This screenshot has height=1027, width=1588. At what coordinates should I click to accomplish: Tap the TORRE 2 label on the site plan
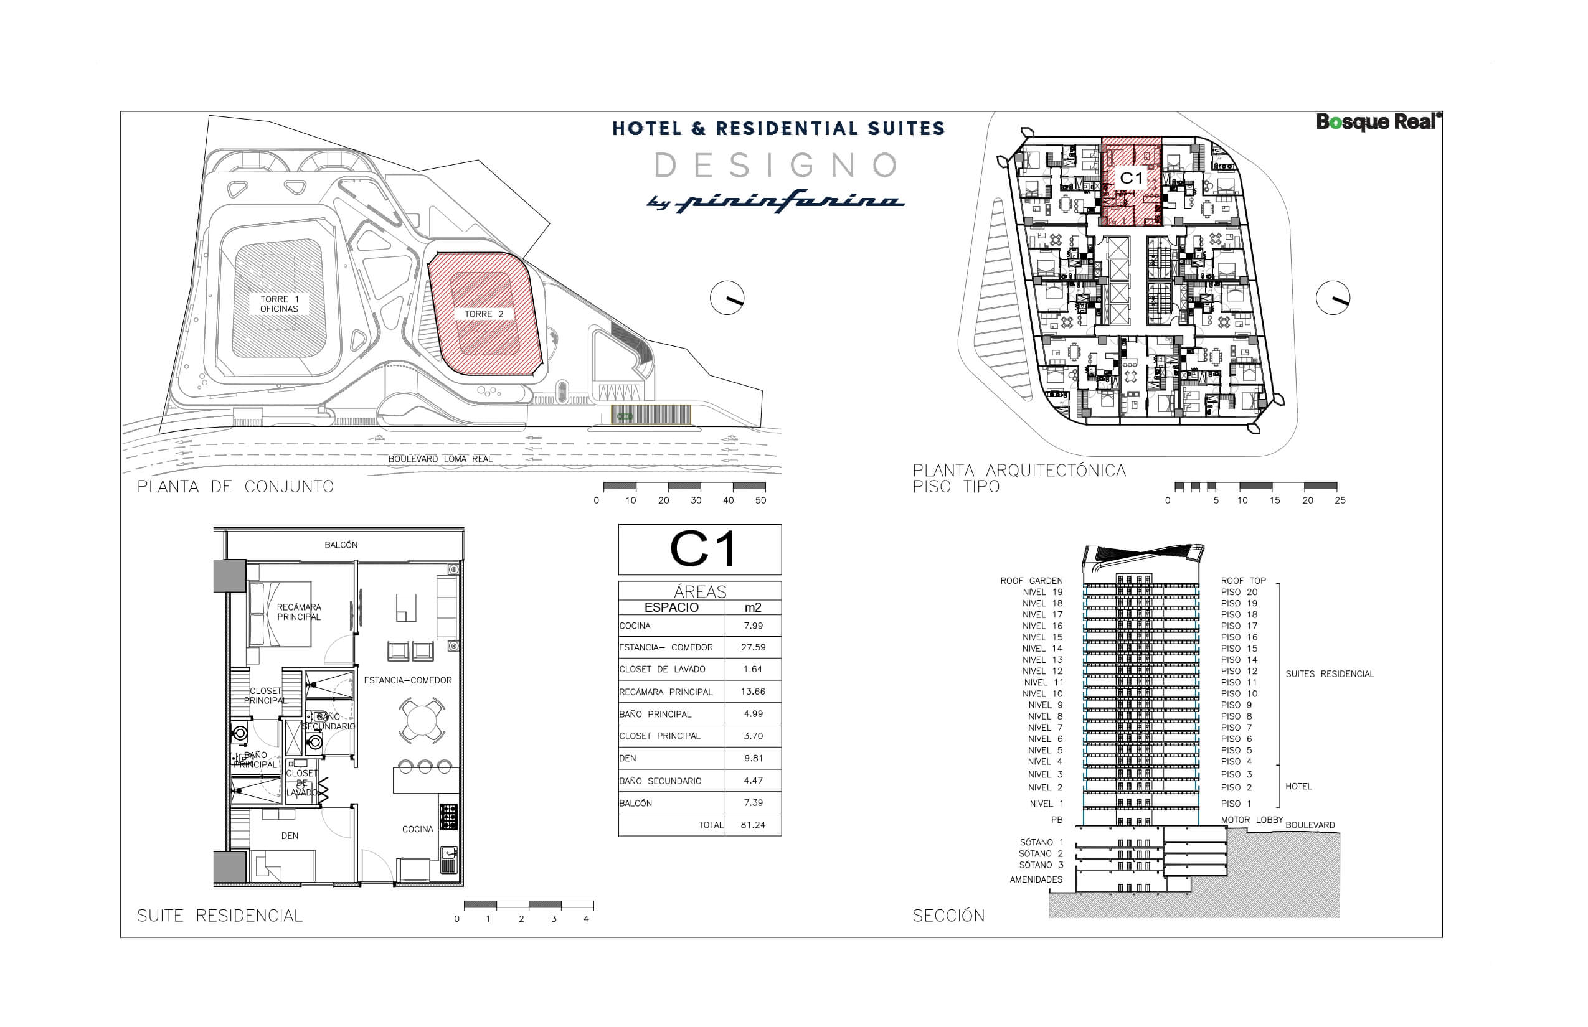(484, 314)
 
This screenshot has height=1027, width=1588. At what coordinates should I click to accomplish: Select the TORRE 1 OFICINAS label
(279, 304)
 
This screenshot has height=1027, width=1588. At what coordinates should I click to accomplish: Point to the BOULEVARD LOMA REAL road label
(440, 459)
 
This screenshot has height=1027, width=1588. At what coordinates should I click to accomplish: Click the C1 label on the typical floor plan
(1131, 178)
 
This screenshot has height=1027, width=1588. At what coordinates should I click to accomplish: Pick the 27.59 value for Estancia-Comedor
(753, 647)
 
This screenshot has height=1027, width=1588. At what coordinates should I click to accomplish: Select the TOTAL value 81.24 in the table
(753, 825)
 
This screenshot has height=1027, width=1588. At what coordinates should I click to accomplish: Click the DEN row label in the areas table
(628, 758)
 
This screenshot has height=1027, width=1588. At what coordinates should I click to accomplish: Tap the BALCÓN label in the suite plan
(341, 545)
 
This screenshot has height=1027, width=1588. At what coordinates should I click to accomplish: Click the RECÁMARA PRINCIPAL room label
(299, 611)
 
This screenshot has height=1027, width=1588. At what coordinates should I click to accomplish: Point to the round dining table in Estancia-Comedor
(422, 720)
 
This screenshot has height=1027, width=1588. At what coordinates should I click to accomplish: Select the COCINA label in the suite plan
(418, 829)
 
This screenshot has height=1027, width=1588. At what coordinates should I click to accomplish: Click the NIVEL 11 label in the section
(1043, 682)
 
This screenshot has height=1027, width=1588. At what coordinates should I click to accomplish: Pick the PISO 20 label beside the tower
(1239, 592)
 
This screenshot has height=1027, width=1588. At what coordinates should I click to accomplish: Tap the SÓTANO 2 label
(1040, 853)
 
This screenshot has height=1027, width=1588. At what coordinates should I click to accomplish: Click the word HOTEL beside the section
(1298, 786)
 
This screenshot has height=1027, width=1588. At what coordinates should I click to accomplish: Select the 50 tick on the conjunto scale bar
(760, 500)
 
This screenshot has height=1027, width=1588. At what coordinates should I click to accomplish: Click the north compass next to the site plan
(727, 298)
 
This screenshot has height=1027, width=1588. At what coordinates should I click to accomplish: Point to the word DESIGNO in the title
(776, 165)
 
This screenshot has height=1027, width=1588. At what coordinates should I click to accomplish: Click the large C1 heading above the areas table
(702, 549)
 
